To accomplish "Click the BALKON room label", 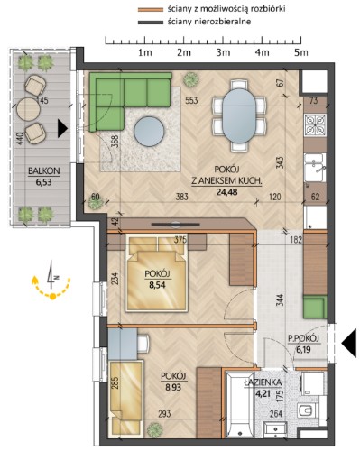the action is tap(44, 170).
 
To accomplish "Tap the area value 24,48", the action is tap(226, 192).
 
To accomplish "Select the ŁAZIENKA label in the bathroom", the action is tap(263, 382).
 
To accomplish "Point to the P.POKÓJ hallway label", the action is tap(303, 338).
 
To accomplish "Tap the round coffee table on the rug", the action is tap(149, 131).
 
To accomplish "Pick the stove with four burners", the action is tap(315, 124).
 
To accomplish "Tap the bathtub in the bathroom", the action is tap(240, 405).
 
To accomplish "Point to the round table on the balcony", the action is tap(28, 109).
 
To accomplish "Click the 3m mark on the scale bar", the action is tap(223, 52).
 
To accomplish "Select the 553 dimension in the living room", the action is tap(191, 100).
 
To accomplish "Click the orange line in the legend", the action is tap(151, 9).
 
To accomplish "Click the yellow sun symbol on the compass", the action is tap(52, 297).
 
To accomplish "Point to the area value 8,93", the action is tap(173, 387).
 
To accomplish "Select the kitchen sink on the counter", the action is tap(315, 168).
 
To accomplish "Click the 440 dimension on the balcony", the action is tap(20, 139).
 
